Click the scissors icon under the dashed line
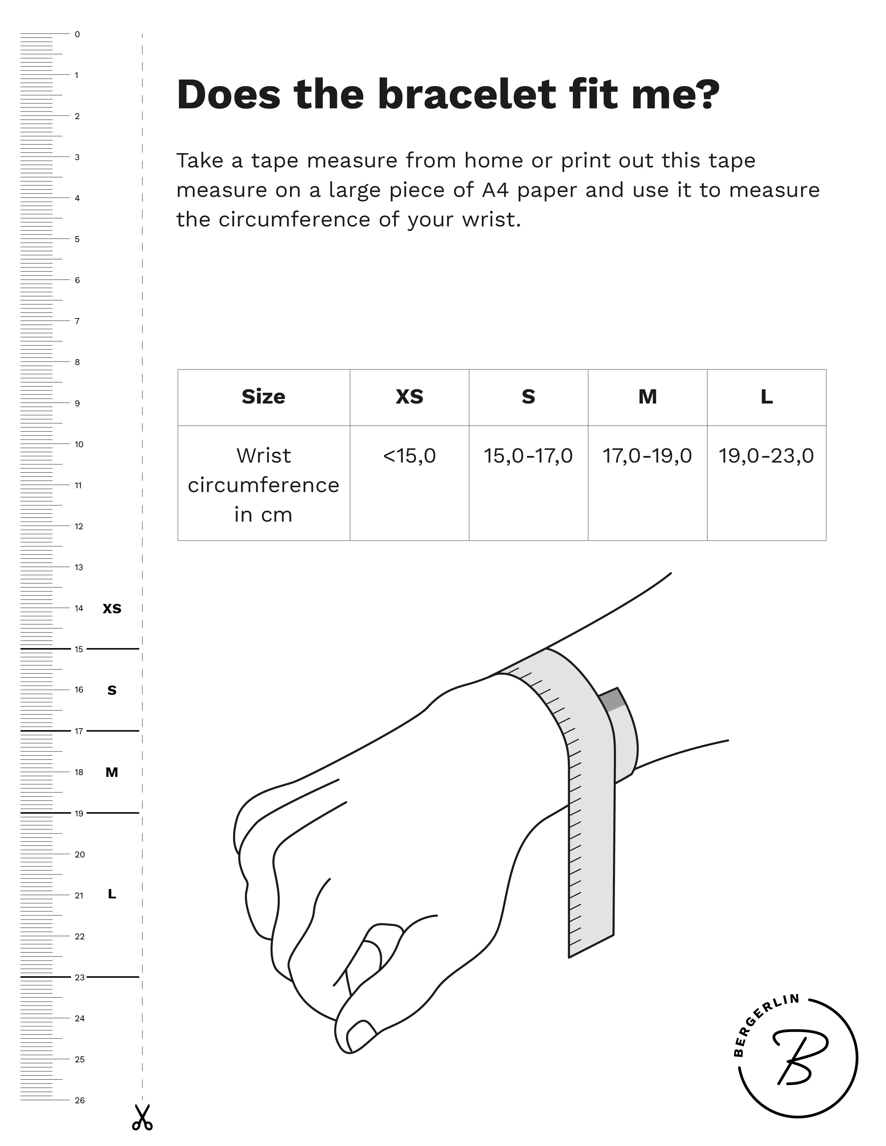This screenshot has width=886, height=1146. (x=142, y=1117)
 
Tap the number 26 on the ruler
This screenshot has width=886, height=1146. (x=79, y=1100)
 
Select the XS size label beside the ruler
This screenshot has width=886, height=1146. (x=112, y=609)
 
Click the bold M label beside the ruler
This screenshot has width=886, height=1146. (x=112, y=772)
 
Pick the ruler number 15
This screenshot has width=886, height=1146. (x=79, y=649)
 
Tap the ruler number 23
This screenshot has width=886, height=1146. (x=79, y=977)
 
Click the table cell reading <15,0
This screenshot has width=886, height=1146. (x=409, y=456)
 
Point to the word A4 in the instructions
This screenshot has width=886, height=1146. (x=495, y=190)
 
